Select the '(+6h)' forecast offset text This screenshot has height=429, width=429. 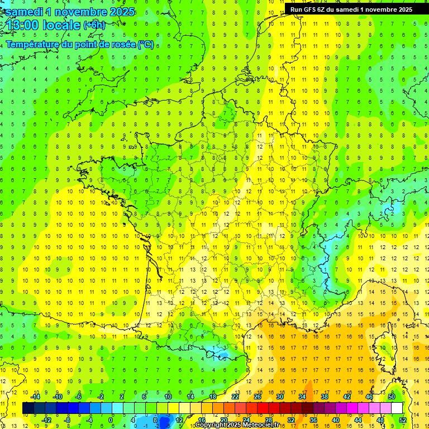(94, 25)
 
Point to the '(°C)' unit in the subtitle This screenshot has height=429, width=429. (146, 45)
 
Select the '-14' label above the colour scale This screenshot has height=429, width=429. (35, 397)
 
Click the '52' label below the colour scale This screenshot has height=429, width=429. (402, 420)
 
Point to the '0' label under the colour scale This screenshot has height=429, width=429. (111, 420)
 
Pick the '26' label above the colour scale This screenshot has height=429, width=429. (258, 397)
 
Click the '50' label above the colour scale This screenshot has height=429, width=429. (392, 397)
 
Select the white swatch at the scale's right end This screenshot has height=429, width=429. (397, 408)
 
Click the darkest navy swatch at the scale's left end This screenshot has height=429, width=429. (28, 408)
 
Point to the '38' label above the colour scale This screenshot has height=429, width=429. (325, 397)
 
